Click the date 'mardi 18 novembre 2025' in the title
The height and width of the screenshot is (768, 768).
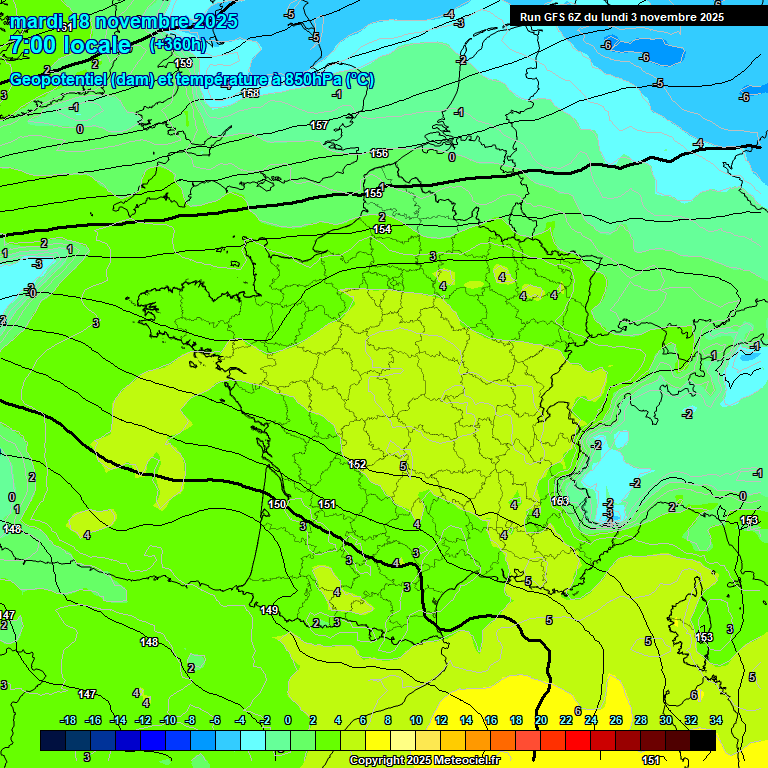[x=125, y=21]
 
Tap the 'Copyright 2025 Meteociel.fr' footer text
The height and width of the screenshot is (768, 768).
[x=423, y=761]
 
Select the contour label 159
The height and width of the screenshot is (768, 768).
[x=183, y=63]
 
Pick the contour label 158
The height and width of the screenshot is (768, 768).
[x=250, y=93]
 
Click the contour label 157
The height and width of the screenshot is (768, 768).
[x=318, y=125]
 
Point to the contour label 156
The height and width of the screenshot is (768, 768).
[x=379, y=153]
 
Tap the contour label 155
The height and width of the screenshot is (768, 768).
[x=373, y=193]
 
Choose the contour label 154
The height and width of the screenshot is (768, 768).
[x=382, y=229]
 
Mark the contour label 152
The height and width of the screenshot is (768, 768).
[x=358, y=465]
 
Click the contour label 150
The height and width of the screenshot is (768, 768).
[x=277, y=504]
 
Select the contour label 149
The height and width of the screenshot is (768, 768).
[x=269, y=610]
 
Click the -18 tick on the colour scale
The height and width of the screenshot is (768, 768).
[x=68, y=720]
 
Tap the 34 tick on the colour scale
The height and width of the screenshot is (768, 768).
[x=716, y=720]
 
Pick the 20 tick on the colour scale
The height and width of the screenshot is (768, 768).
[x=541, y=720]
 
